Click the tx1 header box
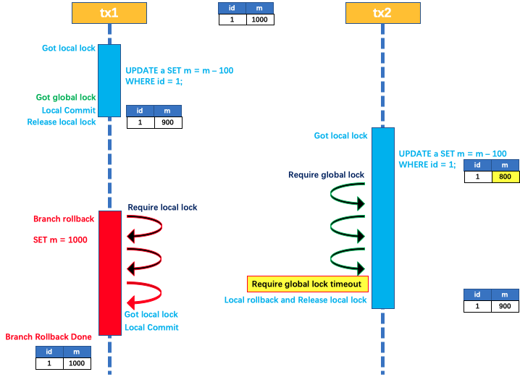(109, 12)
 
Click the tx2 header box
(382, 13)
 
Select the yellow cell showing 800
(505, 177)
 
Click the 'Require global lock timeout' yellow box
(309, 284)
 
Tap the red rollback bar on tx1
(110, 273)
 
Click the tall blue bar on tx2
(383, 217)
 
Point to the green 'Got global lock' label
(66, 97)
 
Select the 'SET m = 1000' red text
(60, 239)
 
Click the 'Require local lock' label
(162, 207)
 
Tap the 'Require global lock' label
(326, 174)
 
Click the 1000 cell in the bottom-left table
(77, 363)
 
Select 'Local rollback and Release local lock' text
(295, 300)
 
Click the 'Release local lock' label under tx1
(62, 122)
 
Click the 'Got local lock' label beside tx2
(340, 135)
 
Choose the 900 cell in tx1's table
(167, 122)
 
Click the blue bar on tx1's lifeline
(109, 80)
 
